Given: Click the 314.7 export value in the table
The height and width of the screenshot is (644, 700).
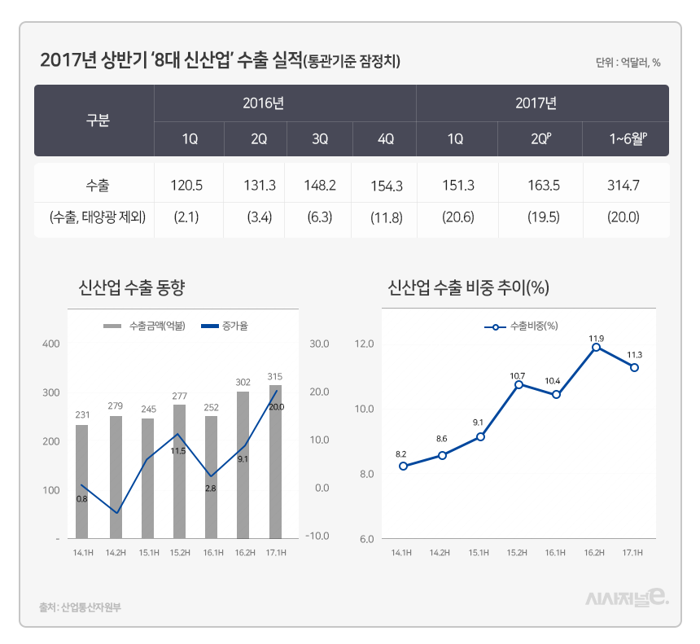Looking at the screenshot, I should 623,186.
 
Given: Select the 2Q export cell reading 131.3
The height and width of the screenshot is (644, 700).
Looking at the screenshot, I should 260,186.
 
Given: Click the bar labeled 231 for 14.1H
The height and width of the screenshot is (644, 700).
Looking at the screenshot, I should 82,480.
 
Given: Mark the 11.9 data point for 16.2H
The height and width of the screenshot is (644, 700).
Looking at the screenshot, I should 596,347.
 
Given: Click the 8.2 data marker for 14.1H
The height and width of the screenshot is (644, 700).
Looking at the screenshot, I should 403,466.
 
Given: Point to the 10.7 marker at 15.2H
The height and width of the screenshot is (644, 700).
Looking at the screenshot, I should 518,384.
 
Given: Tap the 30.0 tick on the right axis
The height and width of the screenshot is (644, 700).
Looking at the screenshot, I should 319,344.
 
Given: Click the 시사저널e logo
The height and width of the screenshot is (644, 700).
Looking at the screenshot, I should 628,599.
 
